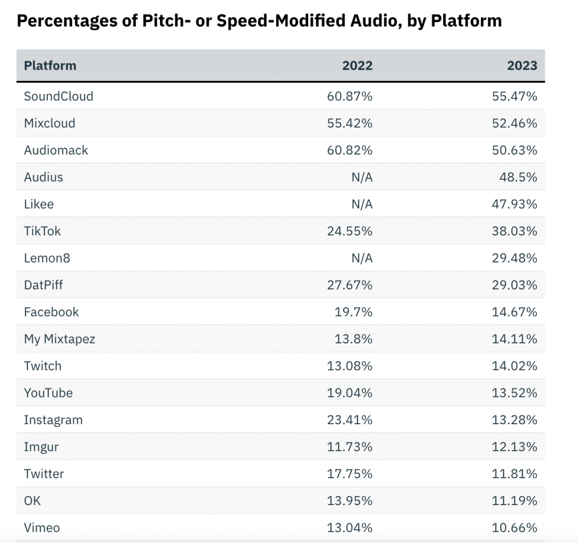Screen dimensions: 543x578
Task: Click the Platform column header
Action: tap(50, 66)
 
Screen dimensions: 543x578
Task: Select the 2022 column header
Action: tap(357, 66)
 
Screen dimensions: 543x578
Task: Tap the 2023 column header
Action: tap(522, 66)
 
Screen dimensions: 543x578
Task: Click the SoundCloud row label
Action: tap(58, 96)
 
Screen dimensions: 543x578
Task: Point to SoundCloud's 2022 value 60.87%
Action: tap(349, 96)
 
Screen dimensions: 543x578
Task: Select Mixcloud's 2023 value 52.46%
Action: tap(514, 123)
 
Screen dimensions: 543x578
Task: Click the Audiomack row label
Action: tap(56, 150)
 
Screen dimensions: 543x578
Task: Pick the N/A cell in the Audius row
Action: tap(362, 177)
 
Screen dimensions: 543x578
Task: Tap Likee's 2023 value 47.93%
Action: tap(514, 204)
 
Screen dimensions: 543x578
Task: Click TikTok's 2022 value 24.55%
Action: tap(349, 231)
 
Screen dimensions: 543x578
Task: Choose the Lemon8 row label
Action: tap(47, 258)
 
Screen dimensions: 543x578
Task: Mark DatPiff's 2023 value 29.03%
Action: tap(514, 285)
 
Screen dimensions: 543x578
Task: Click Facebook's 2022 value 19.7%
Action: tap(353, 312)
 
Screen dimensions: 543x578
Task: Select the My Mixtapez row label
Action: tap(59, 339)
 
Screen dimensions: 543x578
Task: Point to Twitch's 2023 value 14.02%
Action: tap(514, 366)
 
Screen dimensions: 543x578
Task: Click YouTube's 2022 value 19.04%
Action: tap(349, 393)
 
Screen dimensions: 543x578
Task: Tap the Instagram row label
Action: tap(53, 420)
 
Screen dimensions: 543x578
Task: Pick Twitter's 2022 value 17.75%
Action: tap(349, 474)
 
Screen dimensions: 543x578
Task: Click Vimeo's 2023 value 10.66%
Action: tap(514, 528)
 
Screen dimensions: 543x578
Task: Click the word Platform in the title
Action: tap(466, 21)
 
